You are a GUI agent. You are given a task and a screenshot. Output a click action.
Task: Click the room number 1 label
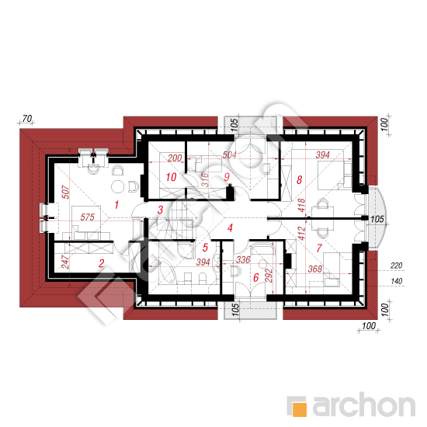tap(116, 204)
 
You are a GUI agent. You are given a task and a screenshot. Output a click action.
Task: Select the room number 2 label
tap(101, 263)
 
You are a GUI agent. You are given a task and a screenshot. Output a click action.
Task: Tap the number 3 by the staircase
tap(161, 210)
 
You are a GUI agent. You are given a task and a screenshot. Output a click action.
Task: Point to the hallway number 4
tap(230, 227)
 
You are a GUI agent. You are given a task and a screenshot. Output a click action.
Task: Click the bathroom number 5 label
tap(205, 247)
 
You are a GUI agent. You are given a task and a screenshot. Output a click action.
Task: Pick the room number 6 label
tap(256, 277)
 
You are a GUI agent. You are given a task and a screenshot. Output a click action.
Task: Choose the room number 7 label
tap(319, 248)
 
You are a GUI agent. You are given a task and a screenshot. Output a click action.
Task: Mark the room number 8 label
tap(299, 180)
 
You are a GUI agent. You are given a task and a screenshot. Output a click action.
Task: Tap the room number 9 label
tap(227, 177)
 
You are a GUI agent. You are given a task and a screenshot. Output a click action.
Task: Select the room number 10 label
tap(172, 177)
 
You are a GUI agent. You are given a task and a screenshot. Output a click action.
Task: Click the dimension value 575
tap(88, 217)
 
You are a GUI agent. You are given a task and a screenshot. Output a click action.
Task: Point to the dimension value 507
tap(66, 192)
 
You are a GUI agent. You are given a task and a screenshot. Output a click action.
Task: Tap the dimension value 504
tap(229, 155)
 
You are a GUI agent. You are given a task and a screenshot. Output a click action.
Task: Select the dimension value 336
tap(243, 259)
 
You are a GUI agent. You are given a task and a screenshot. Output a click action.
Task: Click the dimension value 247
tap(66, 262)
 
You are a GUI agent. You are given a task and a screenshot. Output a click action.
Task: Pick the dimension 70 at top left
tap(27, 119)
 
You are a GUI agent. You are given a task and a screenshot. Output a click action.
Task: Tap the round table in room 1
tap(118, 186)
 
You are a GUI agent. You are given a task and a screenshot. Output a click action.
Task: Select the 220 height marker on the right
tap(396, 266)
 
